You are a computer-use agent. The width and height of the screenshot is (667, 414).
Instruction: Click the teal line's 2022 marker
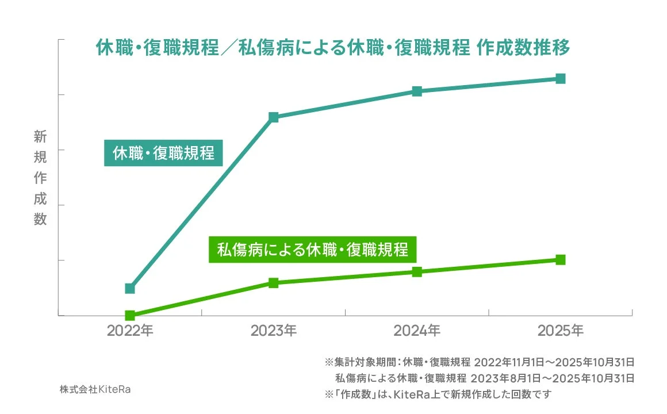point(130,288)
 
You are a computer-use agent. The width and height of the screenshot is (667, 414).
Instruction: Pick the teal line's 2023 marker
point(274,117)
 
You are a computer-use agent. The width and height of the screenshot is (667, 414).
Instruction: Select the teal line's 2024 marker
point(417,91)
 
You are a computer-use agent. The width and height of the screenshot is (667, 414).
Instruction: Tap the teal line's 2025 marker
point(561,78)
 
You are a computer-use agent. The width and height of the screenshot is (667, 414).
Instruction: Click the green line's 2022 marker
point(130,315)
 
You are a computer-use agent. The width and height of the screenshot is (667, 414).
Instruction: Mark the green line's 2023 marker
point(274,282)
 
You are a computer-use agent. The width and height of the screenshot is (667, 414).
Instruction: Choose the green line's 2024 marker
point(417,271)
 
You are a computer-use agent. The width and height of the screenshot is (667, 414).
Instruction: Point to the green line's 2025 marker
point(561,259)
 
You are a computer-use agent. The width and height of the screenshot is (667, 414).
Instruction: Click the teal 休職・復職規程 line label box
point(163,154)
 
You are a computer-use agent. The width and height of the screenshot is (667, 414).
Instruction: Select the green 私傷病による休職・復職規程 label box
point(312,251)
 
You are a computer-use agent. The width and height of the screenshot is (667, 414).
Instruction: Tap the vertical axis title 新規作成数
point(40,178)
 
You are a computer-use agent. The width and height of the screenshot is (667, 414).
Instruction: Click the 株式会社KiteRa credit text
point(95,389)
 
